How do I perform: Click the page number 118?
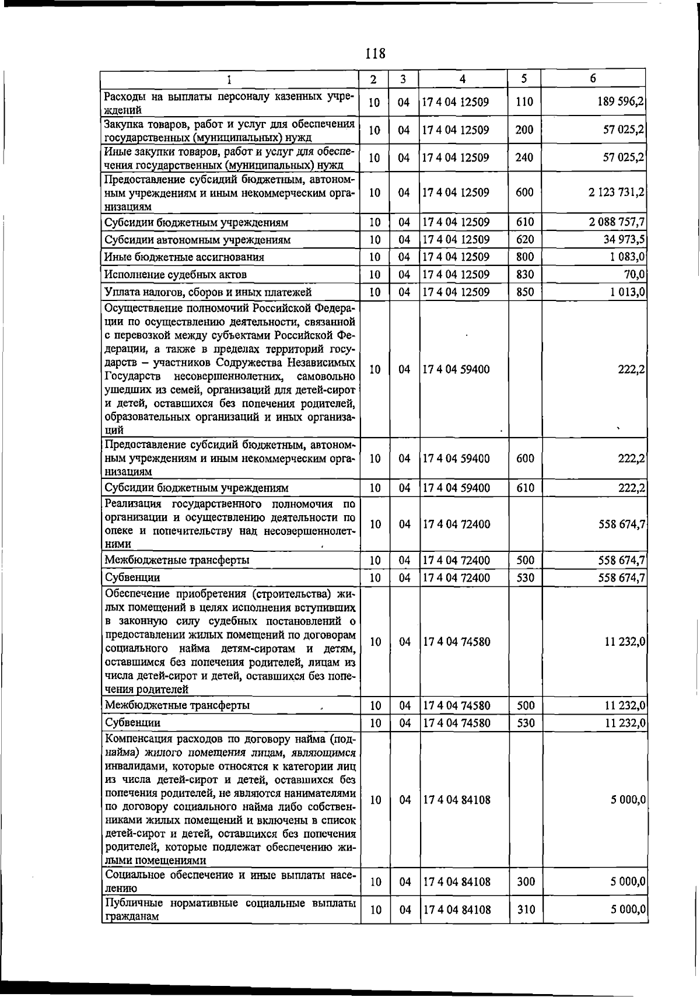click(x=375, y=54)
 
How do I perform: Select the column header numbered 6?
click(x=593, y=78)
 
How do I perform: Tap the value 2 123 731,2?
click(x=617, y=192)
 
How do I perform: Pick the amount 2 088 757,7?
click(x=617, y=222)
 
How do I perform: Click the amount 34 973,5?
click(x=624, y=240)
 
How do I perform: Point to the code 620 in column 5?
click(x=524, y=240)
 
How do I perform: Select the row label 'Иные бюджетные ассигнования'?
click(x=184, y=257)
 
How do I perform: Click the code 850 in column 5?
click(x=524, y=292)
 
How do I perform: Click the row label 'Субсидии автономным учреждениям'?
click(x=197, y=240)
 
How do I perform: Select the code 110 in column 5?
click(x=524, y=102)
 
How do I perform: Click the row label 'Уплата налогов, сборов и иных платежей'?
click(x=208, y=292)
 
